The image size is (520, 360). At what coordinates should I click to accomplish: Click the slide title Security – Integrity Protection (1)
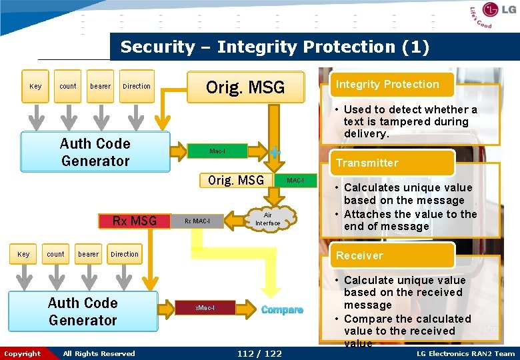click(x=275, y=47)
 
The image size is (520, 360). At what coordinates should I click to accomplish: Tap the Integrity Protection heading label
click(x=387, y=85)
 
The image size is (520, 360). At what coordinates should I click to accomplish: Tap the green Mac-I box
click(x=217, y=151)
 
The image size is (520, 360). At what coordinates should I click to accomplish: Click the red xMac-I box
click(x=205, y=307)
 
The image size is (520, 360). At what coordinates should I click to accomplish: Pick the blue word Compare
click(x=282, y=310)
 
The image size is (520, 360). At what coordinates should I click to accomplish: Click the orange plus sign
click(x=275, y=152)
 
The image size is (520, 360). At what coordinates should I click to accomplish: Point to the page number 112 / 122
click(x=259, y=353)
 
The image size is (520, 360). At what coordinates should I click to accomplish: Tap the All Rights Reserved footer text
click(x=99, y=353)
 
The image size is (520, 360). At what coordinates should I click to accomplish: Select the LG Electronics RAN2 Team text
click(x=465, y=353)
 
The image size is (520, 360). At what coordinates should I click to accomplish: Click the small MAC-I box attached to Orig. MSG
click(x=295, y=181)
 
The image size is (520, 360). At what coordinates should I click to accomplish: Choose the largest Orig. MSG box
click(x=245, y=87)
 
